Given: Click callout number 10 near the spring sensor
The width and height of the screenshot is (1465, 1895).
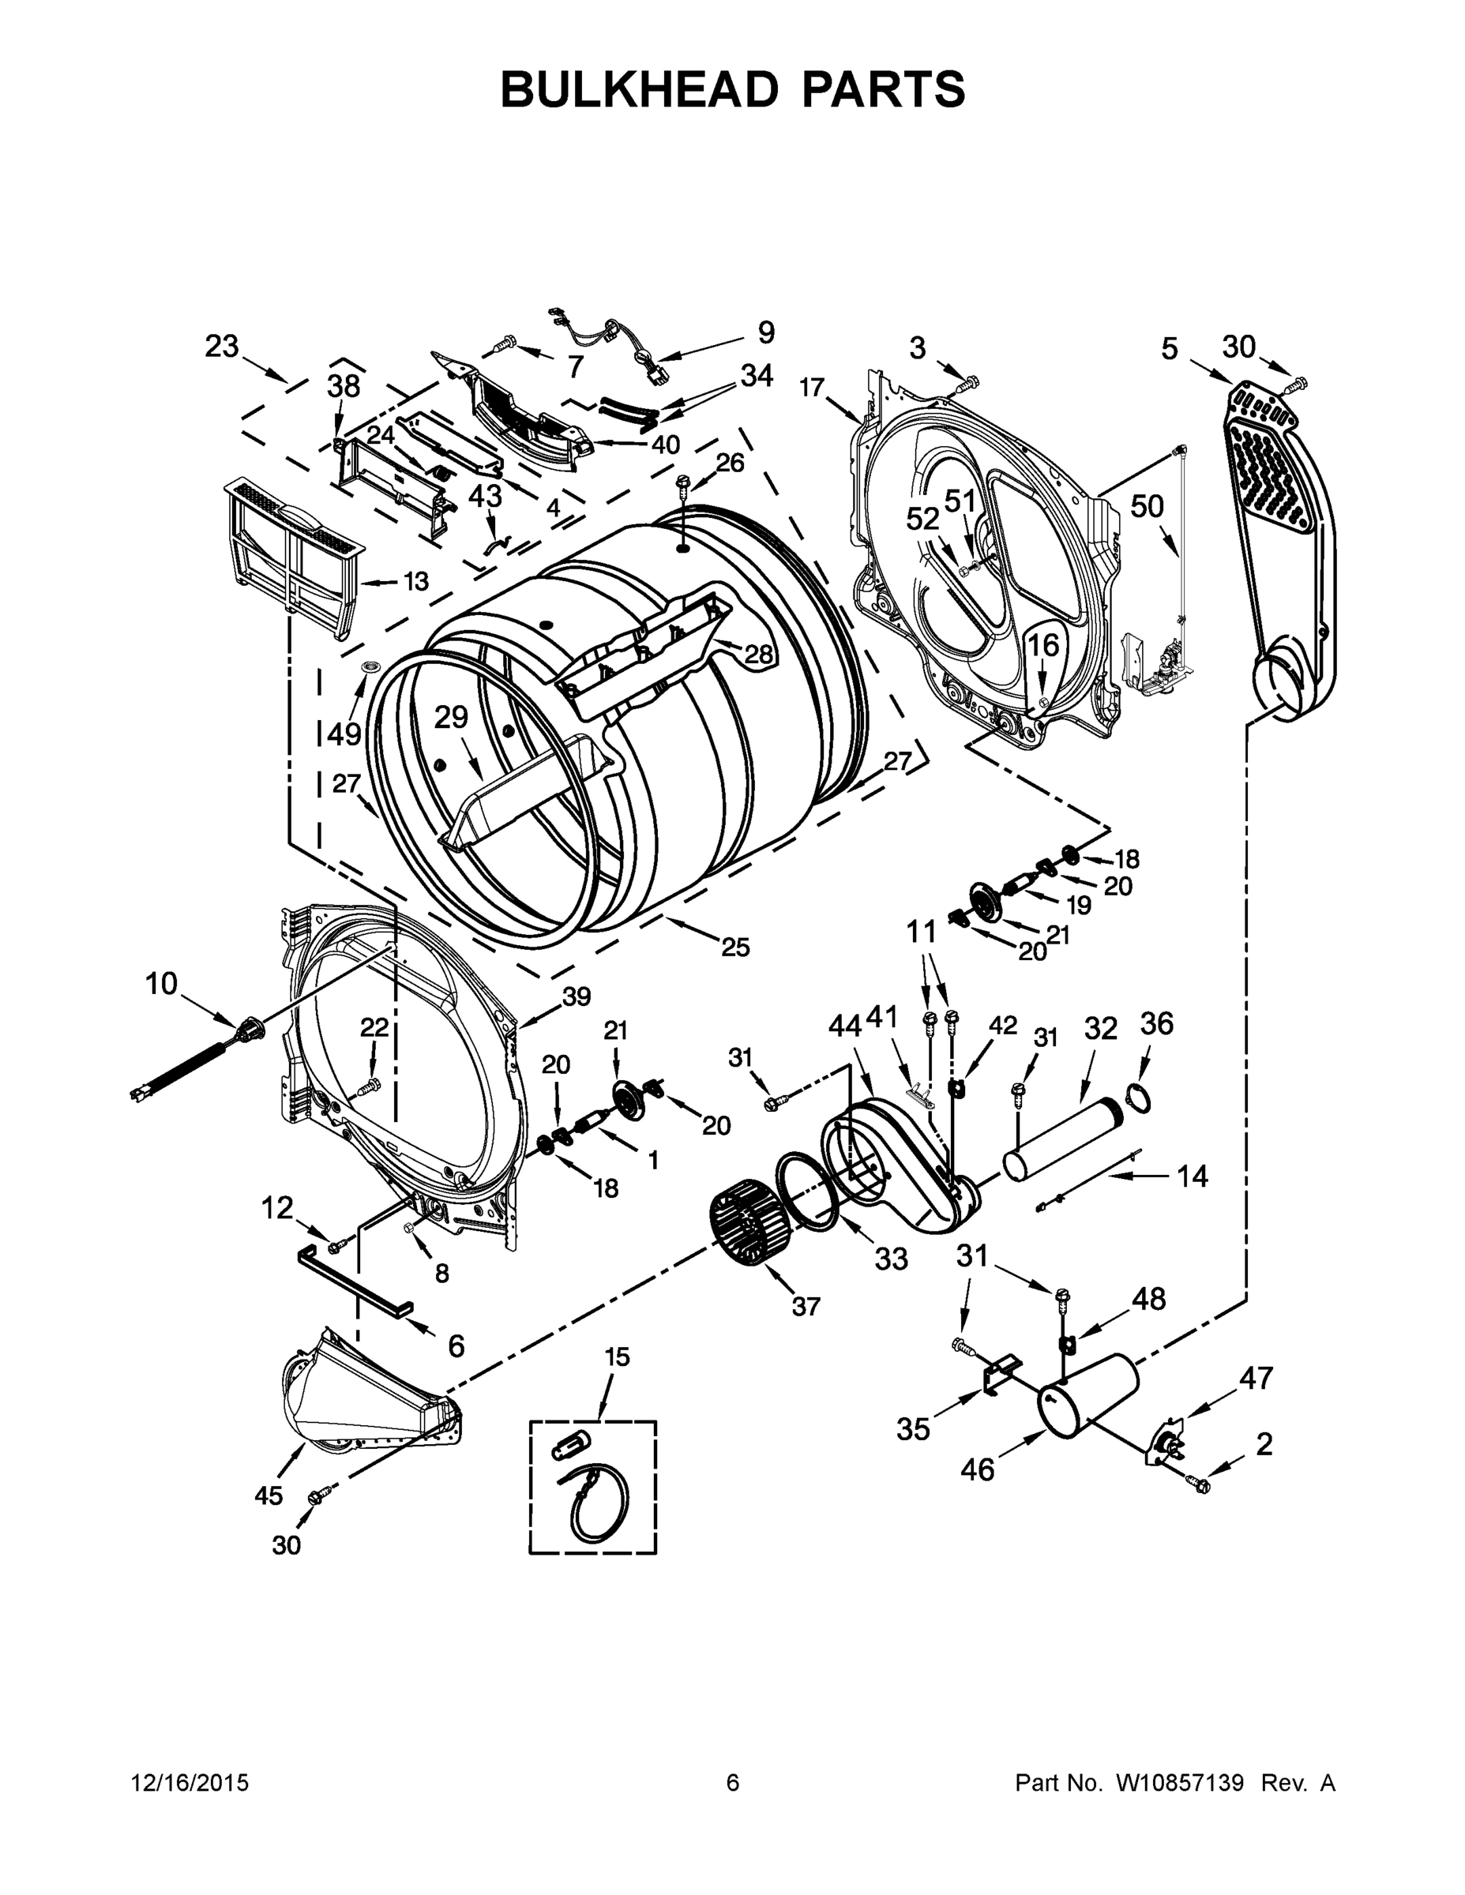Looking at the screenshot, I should (x=161, y=984).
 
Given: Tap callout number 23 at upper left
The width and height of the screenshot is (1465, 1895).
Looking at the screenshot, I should (x=221, y=346).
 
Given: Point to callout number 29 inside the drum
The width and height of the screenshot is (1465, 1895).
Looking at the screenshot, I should (x=451, y=717).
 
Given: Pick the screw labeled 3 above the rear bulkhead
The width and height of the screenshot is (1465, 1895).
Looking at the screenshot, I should (x=970, y=382).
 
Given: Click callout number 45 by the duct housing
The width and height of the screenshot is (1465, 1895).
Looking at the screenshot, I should (x=269, y=1494).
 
